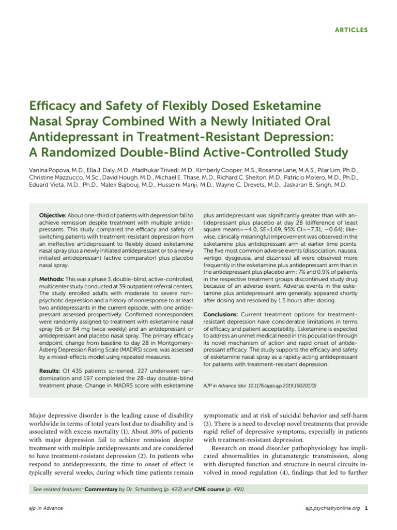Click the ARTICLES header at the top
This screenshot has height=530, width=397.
(350, 30)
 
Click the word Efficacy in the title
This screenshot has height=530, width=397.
(56, 107)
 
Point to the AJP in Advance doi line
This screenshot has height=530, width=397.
(259, 386)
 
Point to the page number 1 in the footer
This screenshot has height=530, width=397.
(366, 508)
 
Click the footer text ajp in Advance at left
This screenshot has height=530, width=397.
(47, 508)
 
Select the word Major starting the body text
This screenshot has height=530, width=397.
(39, 416)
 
